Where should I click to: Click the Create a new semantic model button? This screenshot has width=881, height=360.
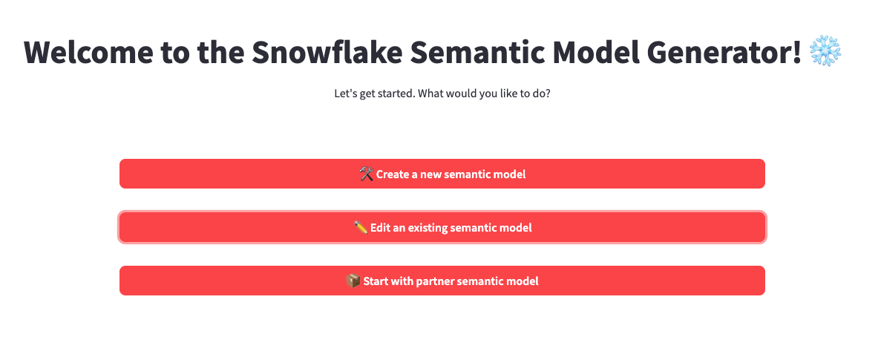click(442, 174)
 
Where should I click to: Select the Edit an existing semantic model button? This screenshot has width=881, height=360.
click(442, 227)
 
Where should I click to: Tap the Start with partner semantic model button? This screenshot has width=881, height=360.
click(442, 281)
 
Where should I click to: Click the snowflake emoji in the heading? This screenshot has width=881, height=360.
click(825, 51)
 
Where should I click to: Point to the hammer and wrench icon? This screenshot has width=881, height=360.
click(367, 174)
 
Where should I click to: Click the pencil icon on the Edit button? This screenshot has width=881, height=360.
click(361, 227)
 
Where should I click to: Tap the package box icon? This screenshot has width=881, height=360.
click(353, 281)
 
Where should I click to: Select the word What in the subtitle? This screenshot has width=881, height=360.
click(432, 94)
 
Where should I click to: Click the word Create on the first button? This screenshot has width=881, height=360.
click(393, 174)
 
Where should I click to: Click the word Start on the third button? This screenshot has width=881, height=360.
click(375, 281)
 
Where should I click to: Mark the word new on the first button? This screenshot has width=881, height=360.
click(430, 174)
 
